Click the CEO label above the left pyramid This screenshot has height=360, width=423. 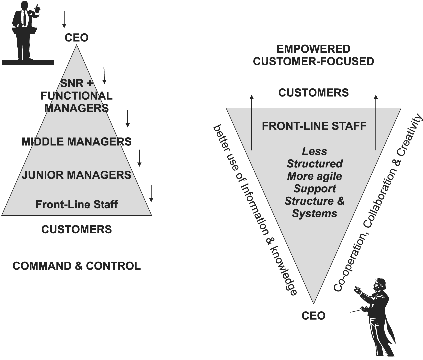point(77,38)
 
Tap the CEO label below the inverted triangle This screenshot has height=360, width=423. point(313,315)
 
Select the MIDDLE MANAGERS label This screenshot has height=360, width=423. point(77,142)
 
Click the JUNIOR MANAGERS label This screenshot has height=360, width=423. point(77,175)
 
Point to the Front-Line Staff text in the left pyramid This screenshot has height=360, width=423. point(77,204)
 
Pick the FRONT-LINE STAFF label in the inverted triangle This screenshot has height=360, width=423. point(314,126)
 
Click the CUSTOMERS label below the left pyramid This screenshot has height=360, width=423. point(77,229)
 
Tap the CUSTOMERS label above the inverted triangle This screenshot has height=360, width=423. point(314,92)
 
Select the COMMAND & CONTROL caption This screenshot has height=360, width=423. point(77,266)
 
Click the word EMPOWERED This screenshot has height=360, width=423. point(314,49)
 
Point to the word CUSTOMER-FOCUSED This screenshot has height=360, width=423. point(314,61)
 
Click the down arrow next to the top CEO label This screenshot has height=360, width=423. point(64,19)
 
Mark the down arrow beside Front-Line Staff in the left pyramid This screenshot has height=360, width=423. point(151,193)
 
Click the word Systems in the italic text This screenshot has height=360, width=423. point(314,213)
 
